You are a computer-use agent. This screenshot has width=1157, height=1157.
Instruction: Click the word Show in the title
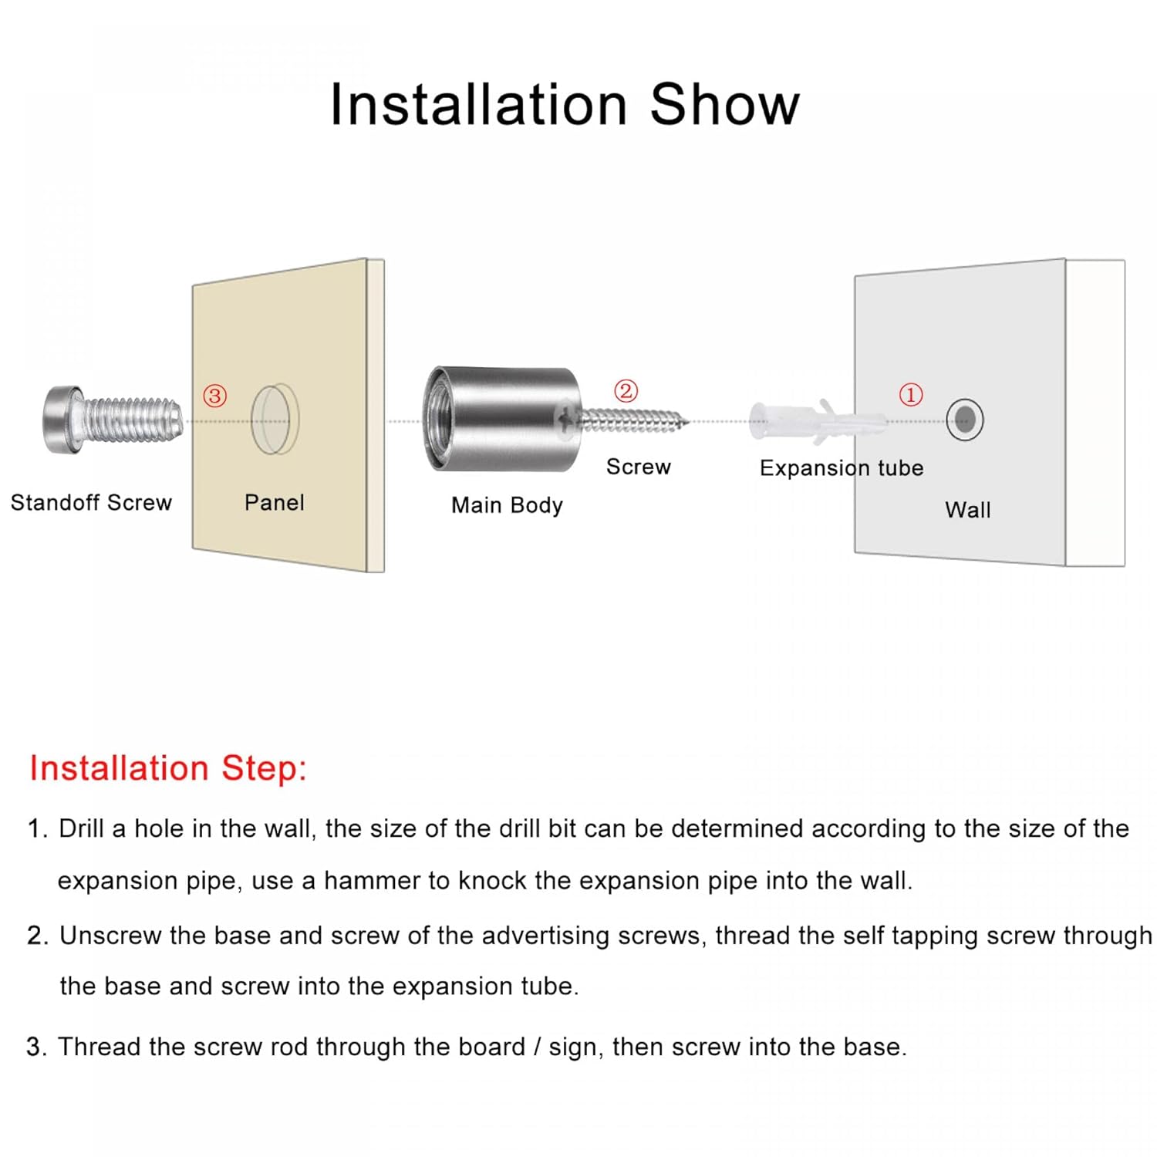pos(724,104)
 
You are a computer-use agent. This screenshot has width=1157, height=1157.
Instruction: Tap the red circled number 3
pos(214,396)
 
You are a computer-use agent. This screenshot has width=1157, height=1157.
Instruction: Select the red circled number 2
pos(626,390)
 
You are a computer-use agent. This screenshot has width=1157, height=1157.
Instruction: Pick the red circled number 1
pos(911,394)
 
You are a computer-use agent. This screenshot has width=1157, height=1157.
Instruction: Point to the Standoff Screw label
pos(91,503)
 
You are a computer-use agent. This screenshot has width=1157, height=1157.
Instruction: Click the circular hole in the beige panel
pos(274,419)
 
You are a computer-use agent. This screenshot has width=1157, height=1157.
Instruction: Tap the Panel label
pos(274,503)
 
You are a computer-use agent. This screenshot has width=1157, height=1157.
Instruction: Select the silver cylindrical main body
pos(501,419)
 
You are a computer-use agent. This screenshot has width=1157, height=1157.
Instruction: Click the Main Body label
pos(507,505)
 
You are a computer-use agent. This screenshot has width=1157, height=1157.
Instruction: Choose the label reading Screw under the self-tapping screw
pos(639,467)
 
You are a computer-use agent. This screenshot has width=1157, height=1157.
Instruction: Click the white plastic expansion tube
pos(810,421)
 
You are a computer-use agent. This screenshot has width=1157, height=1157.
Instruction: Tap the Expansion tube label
pos(842,468)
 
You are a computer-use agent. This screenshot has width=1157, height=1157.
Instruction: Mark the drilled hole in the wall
pos(965,420)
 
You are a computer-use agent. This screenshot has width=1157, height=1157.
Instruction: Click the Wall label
pos(968,510)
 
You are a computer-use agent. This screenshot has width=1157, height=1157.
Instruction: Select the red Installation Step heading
pos(168,768)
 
